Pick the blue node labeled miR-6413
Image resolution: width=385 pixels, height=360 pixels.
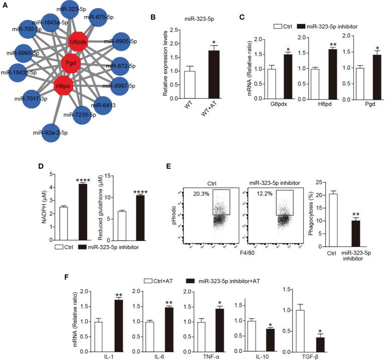coord(101,106)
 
